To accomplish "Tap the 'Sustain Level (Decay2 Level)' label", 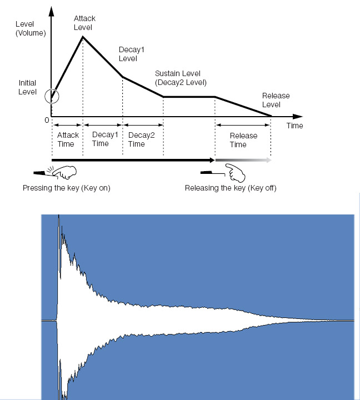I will pyautogui.click(x=181, y=78).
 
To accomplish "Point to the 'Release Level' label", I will pyautogui.click(x=276, y=100).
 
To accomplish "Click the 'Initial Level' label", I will pyautogui.click(x=27, y=87).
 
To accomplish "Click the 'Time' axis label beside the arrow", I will pyautogui.click(x=294, y=126).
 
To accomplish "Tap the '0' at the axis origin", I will pyautogui.click(x=47, y=120).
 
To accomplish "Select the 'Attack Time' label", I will pyautogui.click(x=66, y=139).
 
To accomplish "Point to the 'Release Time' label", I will pyautogui.click(x=243, y=140).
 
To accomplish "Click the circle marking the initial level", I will pyautogui.click(x=51, y=96).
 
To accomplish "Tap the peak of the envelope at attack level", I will pyautogui.click(x=83, y=37).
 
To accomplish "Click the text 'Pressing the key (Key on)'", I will pyautogui.click(x=67, y=188).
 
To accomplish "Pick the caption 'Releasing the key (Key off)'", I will pyautogui.click(x=231, y=188).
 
